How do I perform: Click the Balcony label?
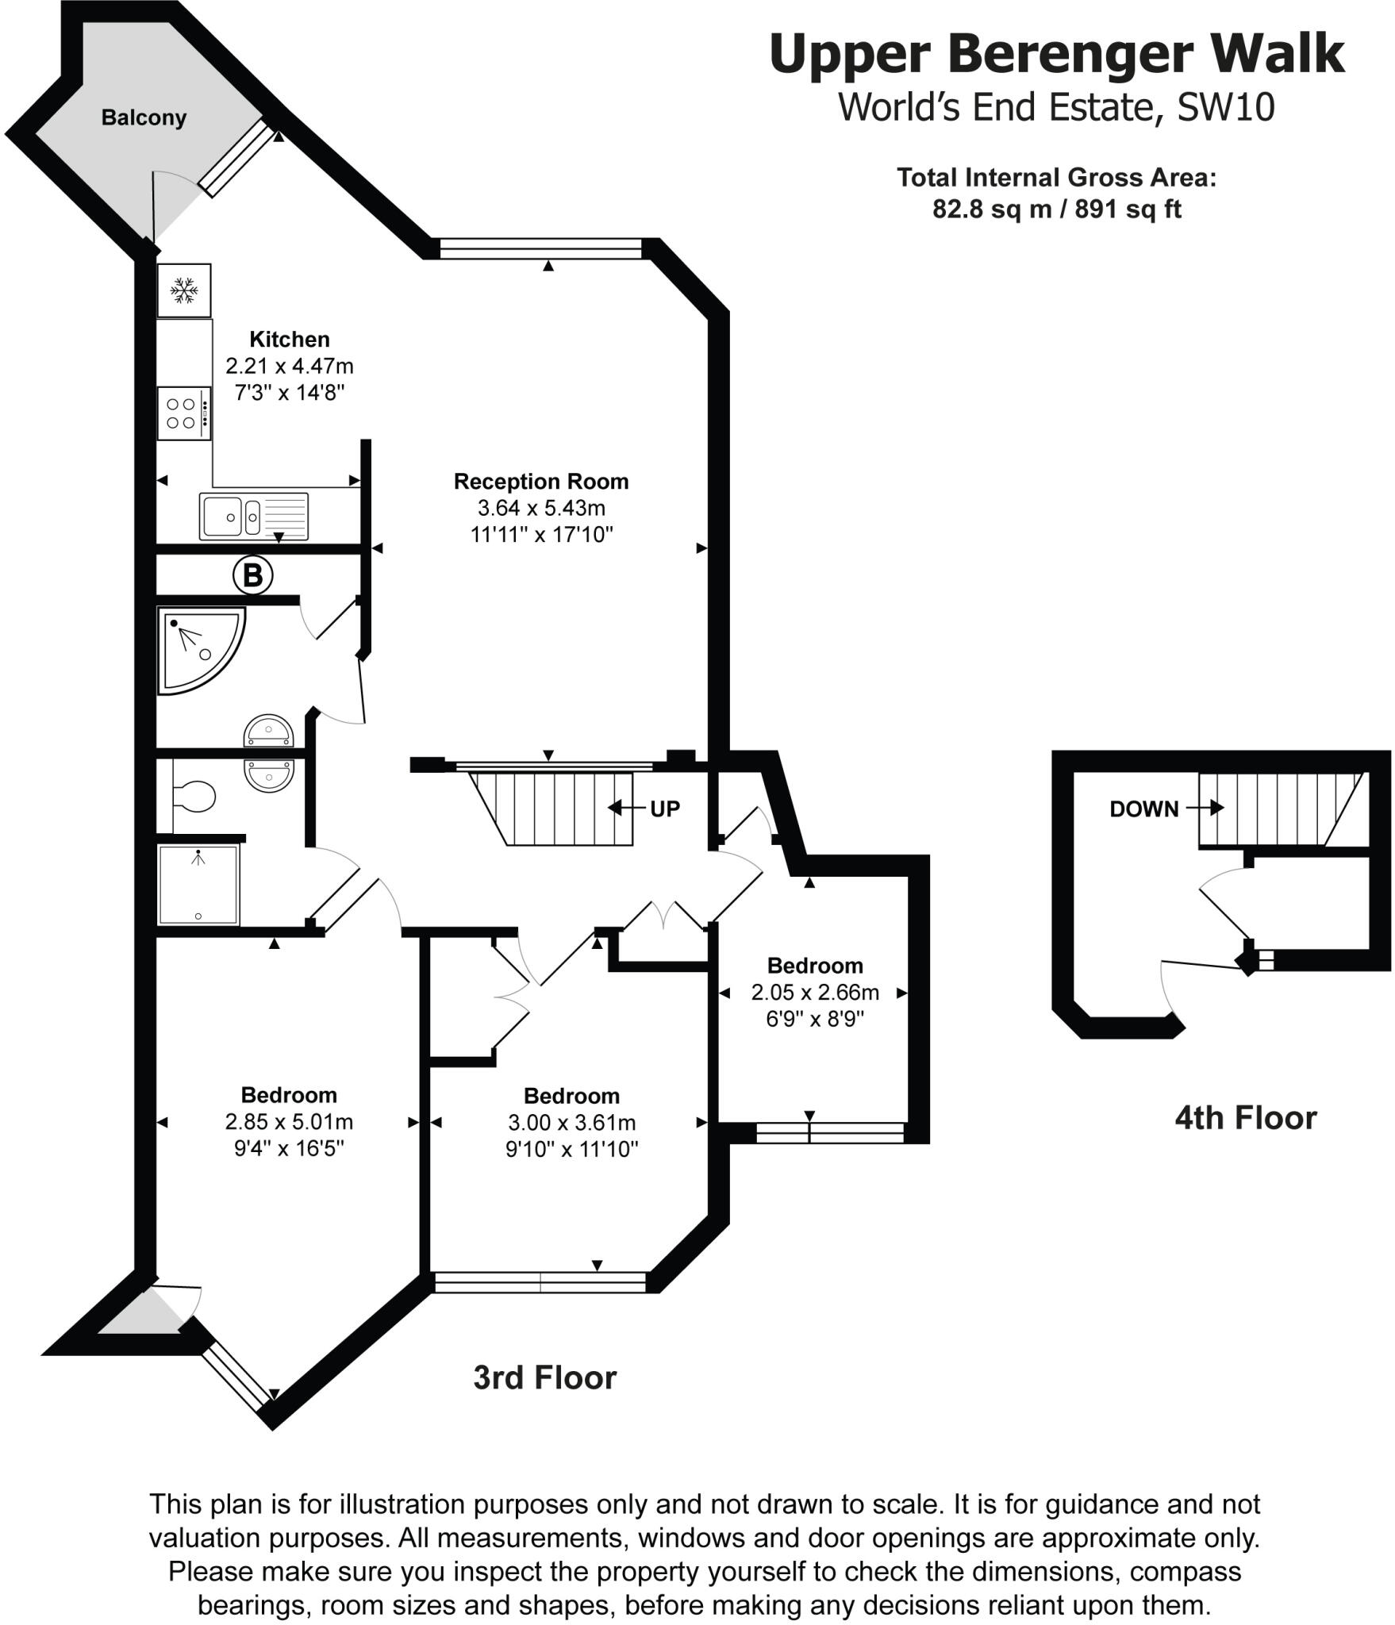click(144, 117)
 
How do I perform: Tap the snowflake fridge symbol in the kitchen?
click(184, 290)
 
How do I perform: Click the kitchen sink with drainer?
click(254, 517)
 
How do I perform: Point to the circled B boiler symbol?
click(252, 574)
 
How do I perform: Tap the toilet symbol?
click(195, 797)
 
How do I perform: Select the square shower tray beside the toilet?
click(198, 885)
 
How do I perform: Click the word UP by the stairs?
click(665, 809)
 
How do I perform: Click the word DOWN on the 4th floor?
click(1143, 809)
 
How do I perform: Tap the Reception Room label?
click(541, 482)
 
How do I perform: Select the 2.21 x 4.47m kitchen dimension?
click(290, 366)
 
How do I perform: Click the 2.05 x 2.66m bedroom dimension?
click(815, 992)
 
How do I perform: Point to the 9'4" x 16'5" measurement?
click(290, 1148)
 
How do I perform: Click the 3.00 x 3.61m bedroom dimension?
click(571, 1123)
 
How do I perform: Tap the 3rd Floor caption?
click(544, 1377)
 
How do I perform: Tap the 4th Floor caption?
click(1245, 1118)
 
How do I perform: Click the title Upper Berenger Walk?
click(1056, 54)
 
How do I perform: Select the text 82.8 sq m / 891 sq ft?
click(1056, 209)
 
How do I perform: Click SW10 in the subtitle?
click(1225, 107)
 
